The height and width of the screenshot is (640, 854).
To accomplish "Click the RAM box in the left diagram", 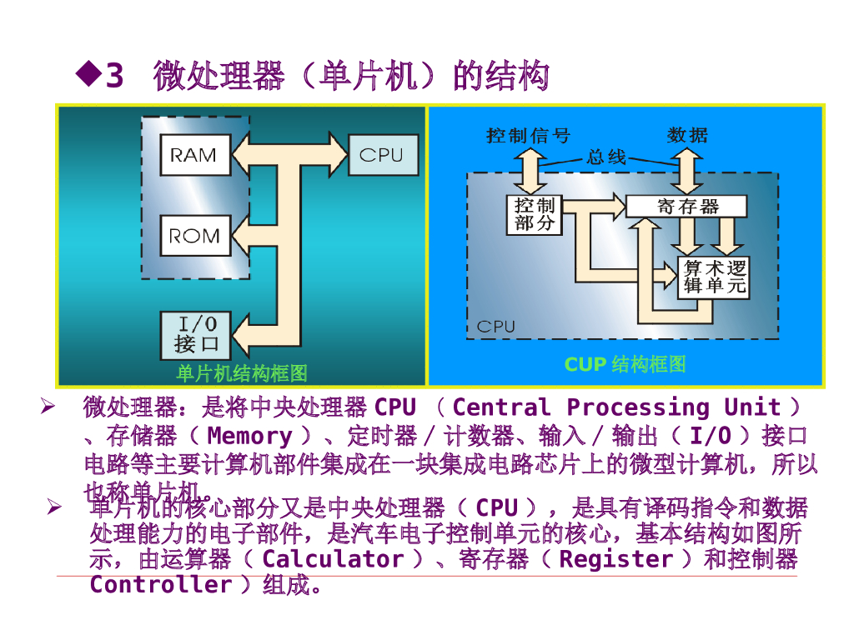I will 193,155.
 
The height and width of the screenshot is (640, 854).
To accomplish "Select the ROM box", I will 193,236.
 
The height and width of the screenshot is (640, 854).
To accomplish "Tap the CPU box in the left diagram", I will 381,155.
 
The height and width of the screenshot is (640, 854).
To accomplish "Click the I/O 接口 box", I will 196,333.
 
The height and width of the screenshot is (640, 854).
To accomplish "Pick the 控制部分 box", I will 534,215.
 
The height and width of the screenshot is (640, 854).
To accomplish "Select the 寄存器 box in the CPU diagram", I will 686,207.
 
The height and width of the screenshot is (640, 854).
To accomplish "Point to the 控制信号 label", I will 528,135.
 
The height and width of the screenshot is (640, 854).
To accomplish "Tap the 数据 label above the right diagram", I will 687,135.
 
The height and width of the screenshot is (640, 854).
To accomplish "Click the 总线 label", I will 605,157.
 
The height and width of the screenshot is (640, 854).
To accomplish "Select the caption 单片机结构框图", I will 241,373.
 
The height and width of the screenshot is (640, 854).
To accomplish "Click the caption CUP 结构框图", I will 625,364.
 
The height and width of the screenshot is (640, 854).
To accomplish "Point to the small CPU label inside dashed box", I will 496,327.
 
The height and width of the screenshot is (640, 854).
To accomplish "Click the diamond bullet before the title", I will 87,73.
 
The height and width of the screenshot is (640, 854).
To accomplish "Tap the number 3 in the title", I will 115,77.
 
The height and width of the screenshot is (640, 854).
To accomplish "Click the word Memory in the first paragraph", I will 249,436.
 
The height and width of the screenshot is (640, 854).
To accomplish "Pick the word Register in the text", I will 615,559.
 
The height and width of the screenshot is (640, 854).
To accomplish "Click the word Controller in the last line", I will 160,584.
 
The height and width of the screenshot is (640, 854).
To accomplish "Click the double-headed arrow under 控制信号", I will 527,171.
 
